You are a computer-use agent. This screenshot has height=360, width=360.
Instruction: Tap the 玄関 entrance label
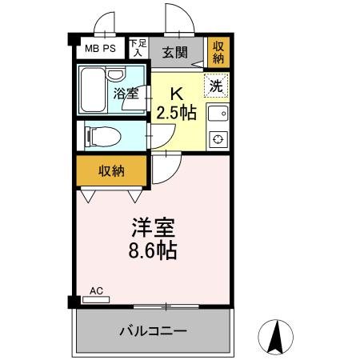pos(175,53)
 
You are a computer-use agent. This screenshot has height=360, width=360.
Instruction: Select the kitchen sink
pos(217,114)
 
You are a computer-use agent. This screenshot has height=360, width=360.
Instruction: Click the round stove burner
pos(217,140)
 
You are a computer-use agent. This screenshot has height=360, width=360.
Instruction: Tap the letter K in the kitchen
pos(181,92)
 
